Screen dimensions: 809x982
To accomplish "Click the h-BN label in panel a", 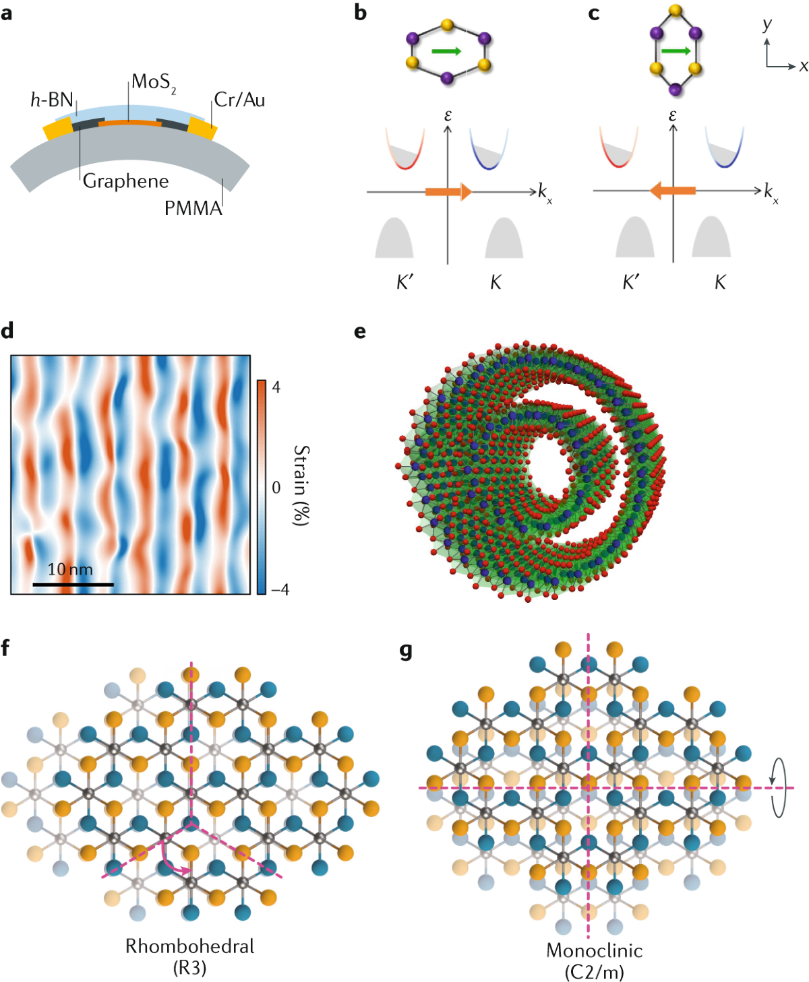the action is (52, 100).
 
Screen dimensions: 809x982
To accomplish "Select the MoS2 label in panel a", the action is (154, 83).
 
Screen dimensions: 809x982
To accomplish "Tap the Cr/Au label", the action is (240, 100).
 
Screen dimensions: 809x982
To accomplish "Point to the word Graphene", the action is (126, 181).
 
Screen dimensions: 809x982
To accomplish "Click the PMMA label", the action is (193, 208).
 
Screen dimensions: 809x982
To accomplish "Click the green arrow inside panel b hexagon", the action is (446, 51).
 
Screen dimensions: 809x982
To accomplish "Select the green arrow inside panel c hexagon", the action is (676, 51).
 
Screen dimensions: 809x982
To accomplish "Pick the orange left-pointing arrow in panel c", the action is (672, 191).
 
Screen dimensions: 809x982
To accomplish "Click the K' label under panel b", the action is (404, 282).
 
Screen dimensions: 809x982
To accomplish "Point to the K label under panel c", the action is (720, 282).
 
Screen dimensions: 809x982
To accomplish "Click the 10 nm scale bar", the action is (73, 584).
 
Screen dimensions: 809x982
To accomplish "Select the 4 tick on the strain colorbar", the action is (276, 387).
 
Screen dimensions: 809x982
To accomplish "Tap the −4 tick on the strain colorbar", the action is (280, 589).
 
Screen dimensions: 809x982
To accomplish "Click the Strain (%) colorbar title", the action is (301, 485).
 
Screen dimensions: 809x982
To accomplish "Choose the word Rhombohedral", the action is (190, 946).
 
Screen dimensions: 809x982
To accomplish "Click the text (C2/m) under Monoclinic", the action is (594, 972).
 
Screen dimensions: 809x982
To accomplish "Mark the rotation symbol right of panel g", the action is (779, 787).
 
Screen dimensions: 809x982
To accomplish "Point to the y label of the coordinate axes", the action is (767, 25).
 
